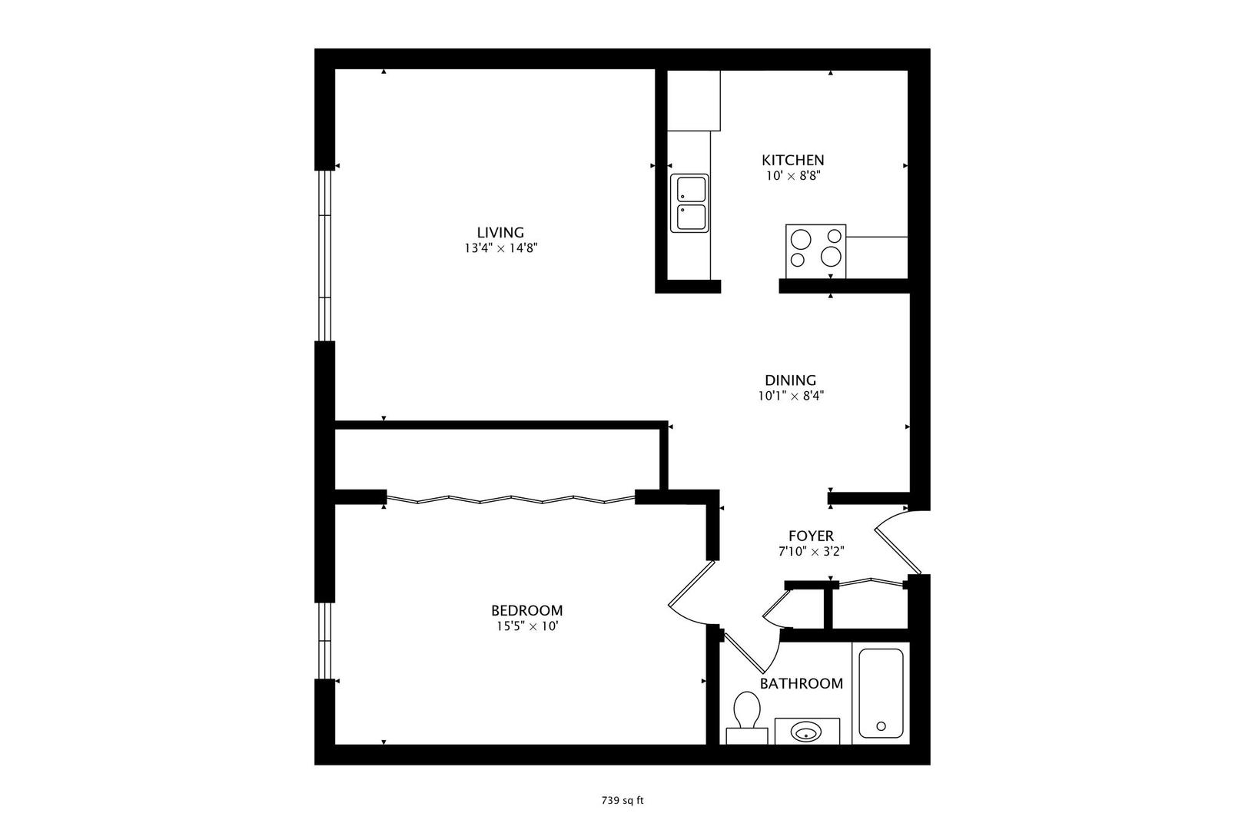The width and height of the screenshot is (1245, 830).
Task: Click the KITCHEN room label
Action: pyautogui.click(x=792, y=160)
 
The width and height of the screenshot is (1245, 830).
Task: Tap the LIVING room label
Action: pyautogui.click(x=500, y=232)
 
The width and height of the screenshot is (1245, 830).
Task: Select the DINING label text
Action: pyautogui.click(x=790, y=380)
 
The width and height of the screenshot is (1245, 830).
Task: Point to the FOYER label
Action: pyautogui.click(x=811, y=536)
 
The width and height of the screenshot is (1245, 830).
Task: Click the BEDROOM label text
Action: pyautogui.click(x=526, y=610)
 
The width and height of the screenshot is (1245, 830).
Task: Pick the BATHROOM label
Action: pyautogui.click(x=801, y=683)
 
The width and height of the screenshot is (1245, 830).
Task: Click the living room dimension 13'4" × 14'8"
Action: pyautogui.click(x=500, y=248)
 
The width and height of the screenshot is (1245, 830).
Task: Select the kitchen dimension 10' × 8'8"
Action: pyautogui.click(x=792, y=175)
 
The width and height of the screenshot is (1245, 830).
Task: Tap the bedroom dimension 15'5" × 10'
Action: pyautogui.click(x=526, y=626)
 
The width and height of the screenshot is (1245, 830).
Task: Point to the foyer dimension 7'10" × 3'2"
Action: pyautogui.click(x=811, y=551)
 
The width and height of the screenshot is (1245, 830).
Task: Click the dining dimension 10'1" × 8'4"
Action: pyautogui.click(x=790, y=396)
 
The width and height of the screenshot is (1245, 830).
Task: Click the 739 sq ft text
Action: pyautogui.click(x=622, y=800)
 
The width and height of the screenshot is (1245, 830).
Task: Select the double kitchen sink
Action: pyautogui.click(x=689, y=204)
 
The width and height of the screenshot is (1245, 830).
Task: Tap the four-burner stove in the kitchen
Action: pyautogui.click(x=815, y=251)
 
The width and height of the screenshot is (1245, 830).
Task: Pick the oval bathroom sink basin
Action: pyautogui.click(x=806, y=732)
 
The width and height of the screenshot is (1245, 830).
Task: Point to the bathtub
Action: pyautogui.click(x=881, y=694)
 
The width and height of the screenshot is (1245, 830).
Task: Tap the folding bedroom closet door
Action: pyautogui.click(x=510, y=500)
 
